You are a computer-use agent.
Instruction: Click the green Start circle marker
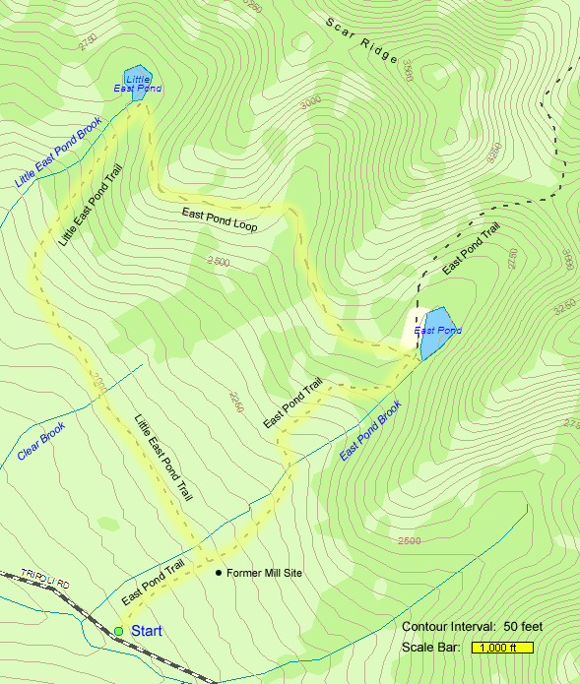118,631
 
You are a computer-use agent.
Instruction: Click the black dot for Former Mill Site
218,573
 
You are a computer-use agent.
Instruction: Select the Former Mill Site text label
264,573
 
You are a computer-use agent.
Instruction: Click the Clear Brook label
41,442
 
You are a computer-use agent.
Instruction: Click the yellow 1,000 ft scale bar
502,648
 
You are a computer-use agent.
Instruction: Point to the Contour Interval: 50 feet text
473,627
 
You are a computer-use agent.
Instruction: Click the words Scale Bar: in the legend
431,648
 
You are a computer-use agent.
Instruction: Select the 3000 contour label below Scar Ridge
311,101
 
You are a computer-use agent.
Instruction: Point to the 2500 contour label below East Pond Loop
219,262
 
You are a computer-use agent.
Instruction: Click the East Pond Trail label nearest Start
153,582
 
